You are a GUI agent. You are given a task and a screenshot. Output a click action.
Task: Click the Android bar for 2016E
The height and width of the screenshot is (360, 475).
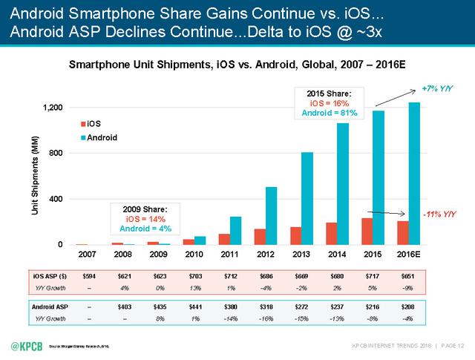(414, 174)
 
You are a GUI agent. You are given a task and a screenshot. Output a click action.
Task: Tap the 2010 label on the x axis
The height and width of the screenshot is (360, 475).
(194, 255)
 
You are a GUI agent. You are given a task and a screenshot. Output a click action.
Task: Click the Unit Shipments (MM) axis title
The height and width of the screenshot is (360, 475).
(35, 176)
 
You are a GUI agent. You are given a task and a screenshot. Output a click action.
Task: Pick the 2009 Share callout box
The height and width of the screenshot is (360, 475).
(146, 218)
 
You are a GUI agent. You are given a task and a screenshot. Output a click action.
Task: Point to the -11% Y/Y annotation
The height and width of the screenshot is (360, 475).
(439, 215)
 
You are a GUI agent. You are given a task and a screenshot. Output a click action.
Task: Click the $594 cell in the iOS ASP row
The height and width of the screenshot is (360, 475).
(88, 276)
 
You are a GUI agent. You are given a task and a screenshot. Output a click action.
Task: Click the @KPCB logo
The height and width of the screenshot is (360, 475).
(27, 346)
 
